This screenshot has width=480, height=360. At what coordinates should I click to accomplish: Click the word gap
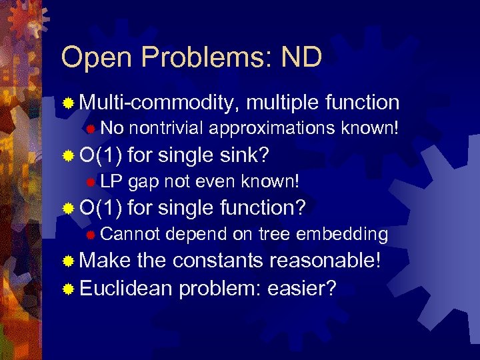(x=142, y=181)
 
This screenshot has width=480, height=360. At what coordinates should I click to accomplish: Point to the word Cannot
(x=131, y=234)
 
